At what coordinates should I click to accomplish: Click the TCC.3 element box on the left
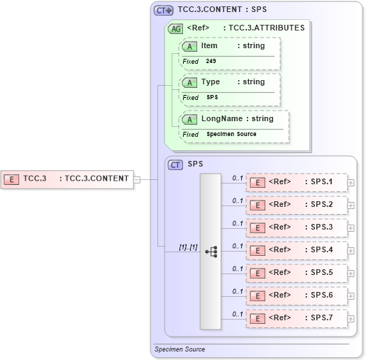pos(67,179)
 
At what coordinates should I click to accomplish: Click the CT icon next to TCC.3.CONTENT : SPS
pos(164,11)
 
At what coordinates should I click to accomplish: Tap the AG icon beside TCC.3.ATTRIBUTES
pos(175,29)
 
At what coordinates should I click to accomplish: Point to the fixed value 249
pos(211,62)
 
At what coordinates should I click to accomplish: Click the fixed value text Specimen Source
pos(231,134)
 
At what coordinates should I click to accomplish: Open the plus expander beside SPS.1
pos(351,183)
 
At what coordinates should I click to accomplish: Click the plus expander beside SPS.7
pos(351,319)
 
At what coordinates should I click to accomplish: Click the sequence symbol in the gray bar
pos(211,251)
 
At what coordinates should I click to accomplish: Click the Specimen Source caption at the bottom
pos(179,349)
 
